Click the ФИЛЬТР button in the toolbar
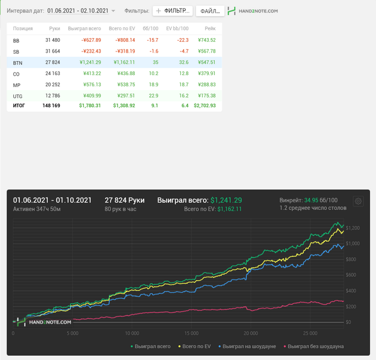[172, 11]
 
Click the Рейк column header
[210, 28]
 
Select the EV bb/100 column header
[177, 28]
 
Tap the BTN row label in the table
[17, 63]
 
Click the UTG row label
[18, 96]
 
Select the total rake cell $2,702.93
[204, 106]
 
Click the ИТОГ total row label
[19, 106]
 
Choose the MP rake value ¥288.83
[206, 85]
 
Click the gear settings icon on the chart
[358, 201]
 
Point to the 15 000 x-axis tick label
[191, 333]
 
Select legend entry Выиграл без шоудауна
[316, 347]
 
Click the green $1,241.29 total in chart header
[226, 200]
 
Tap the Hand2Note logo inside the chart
[44, 322]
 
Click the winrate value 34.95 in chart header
[312, 200]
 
